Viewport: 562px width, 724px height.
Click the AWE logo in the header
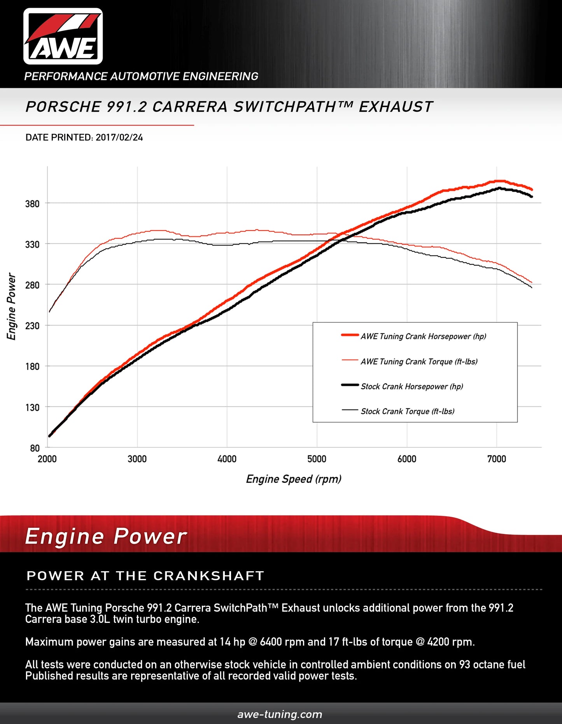63,37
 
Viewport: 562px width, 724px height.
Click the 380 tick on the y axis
32,204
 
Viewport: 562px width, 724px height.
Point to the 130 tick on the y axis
32,407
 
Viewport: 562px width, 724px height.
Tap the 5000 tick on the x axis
317,459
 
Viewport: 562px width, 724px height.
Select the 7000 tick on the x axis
497,459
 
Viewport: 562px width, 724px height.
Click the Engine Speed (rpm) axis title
294,479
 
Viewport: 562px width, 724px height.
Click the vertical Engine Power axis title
12,306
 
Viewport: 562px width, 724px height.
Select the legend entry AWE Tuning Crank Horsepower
423,336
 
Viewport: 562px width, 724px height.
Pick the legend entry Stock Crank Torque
407,411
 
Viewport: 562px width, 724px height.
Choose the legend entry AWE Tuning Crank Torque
419,362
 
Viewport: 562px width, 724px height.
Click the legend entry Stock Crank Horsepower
411,386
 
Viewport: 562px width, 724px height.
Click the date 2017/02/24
119,138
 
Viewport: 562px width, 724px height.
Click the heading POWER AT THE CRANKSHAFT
145,576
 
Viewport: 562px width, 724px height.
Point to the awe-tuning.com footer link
280,714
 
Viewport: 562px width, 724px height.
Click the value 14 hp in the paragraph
232,642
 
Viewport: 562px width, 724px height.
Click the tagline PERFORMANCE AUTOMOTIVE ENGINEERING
141,76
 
